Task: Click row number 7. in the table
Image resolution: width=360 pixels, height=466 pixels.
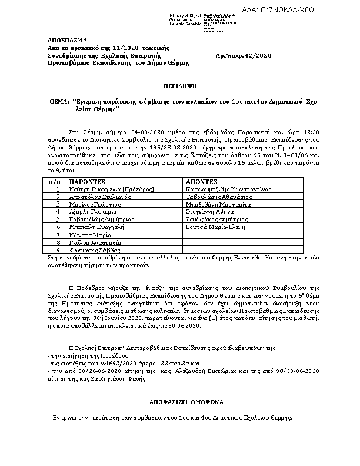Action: tap(58, 234)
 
